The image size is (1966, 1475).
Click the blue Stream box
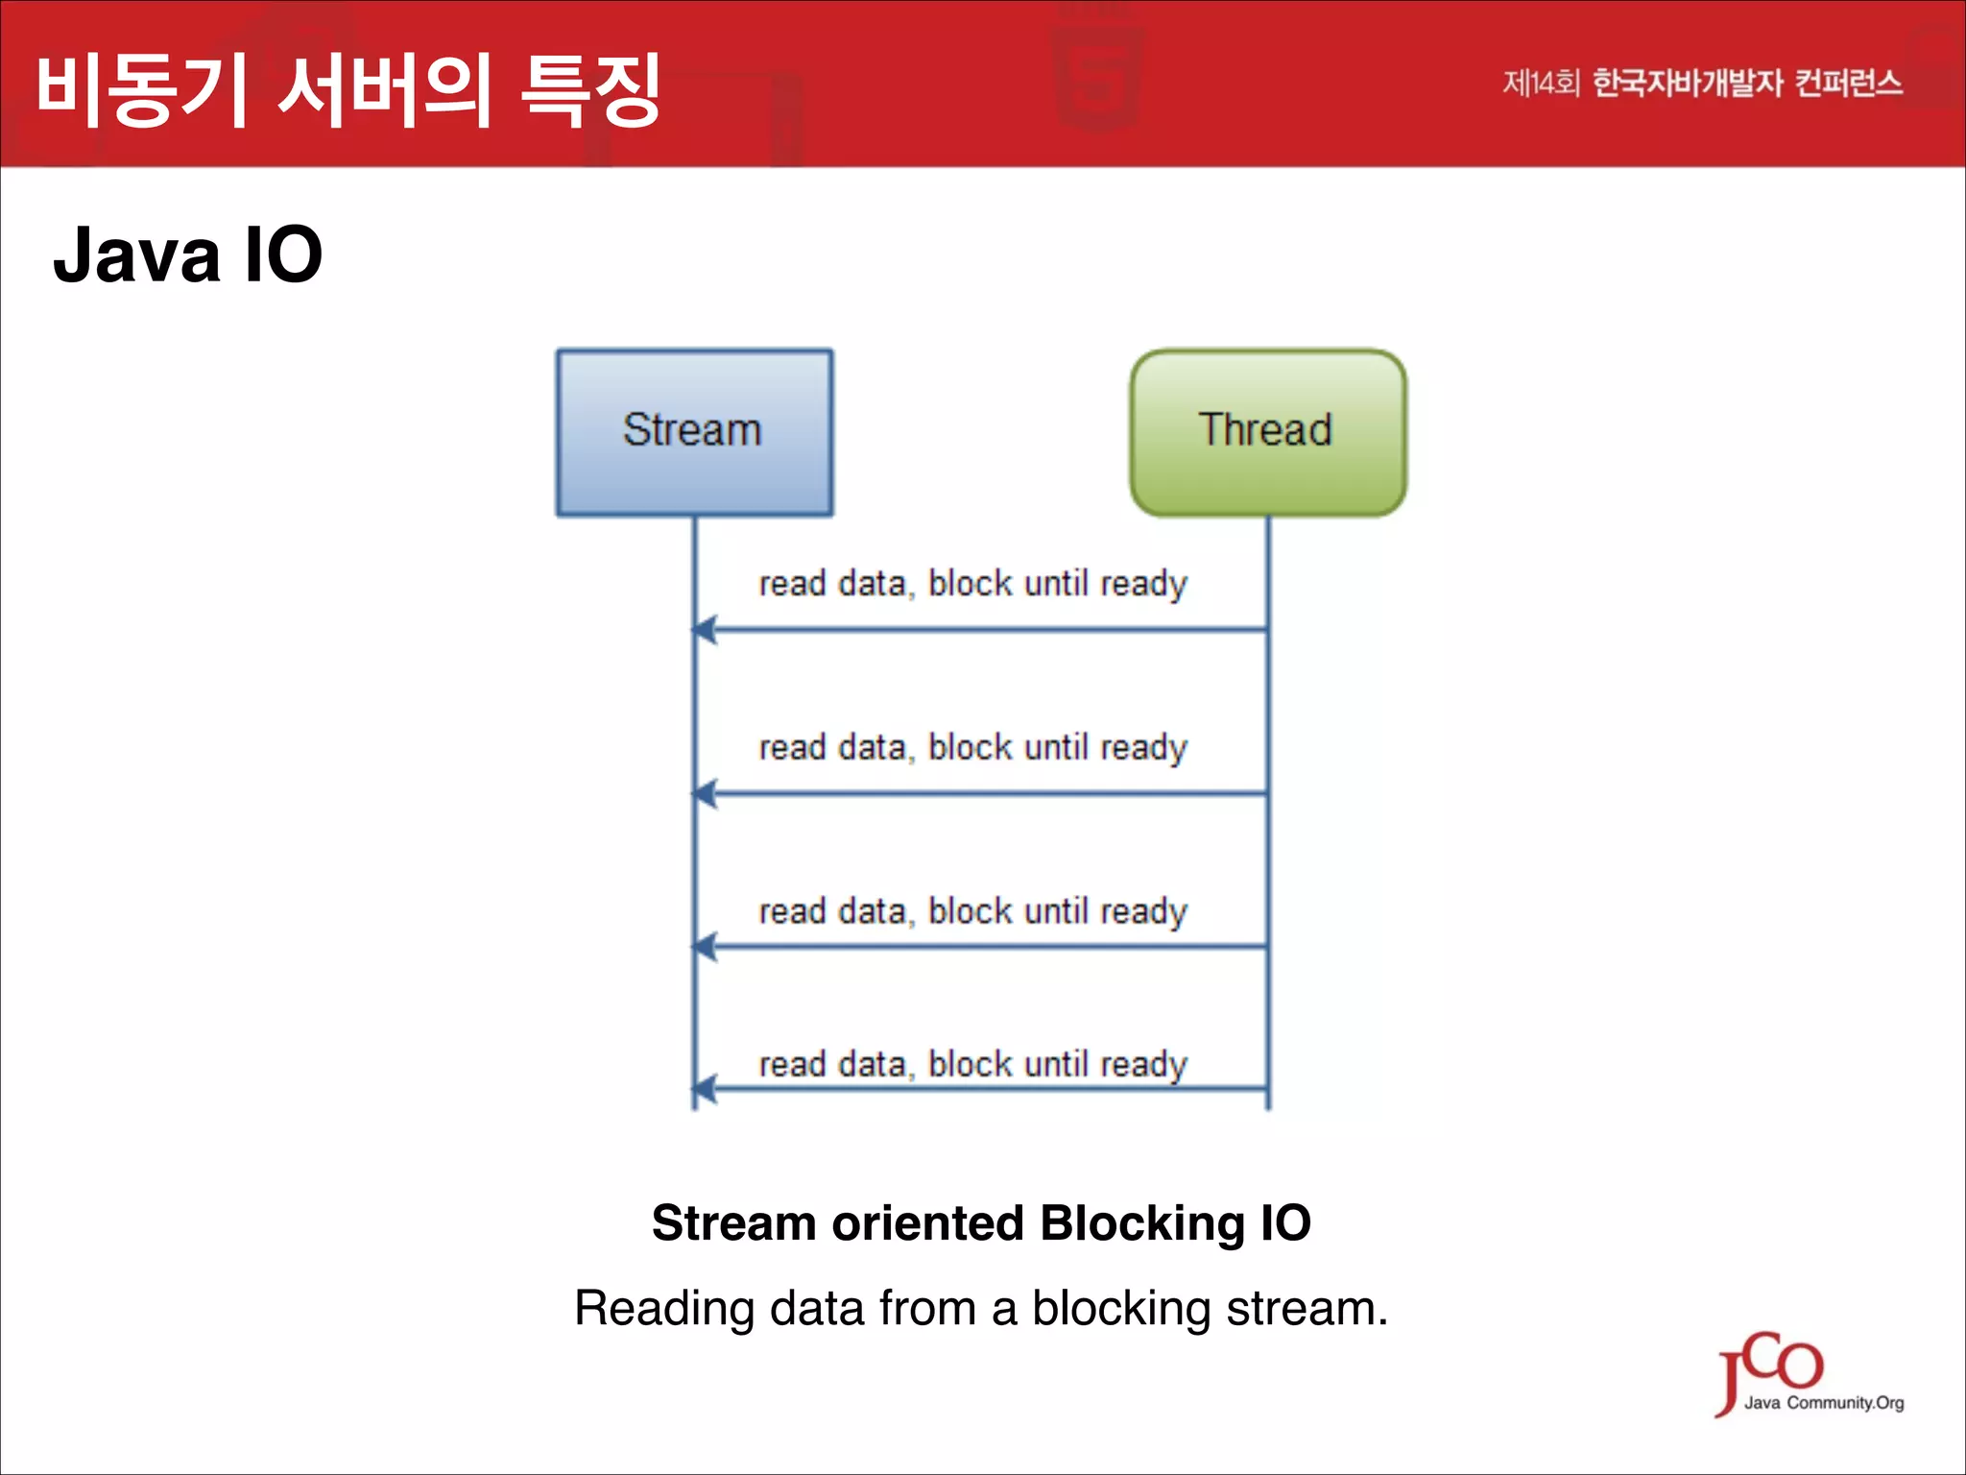694,432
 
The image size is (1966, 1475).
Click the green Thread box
1267,432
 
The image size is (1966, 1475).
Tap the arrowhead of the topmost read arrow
704,630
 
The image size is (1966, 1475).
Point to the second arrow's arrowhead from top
704,794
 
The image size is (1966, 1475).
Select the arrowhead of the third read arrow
704,947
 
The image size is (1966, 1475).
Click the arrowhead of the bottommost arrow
704,1089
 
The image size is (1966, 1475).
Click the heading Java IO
187,255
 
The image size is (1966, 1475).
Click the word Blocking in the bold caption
1142,1223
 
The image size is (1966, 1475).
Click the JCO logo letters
1771,1366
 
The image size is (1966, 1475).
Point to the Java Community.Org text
1824,1403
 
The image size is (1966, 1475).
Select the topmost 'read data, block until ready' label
972,584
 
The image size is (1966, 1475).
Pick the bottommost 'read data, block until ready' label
972,1064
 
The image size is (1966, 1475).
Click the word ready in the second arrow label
1143,748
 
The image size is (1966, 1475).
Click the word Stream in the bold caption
733,1223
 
